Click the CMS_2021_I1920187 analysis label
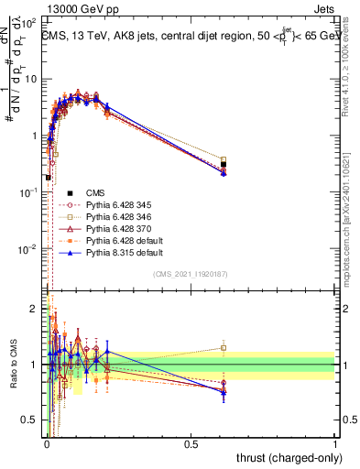point(190,274)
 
